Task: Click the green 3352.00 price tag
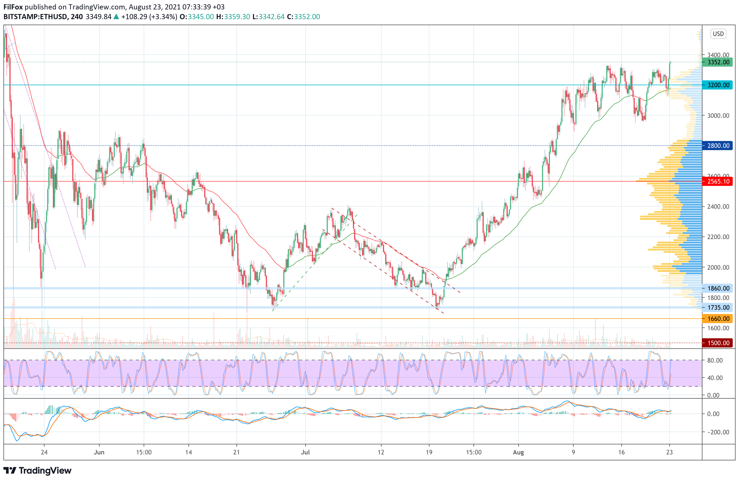click(718, 62)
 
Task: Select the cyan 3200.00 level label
click(718, 85)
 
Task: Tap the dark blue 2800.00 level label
click(718, 146)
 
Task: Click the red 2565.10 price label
click(718, 181)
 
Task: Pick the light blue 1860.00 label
click(718, 288)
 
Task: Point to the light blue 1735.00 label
click(718, 307)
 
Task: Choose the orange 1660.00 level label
click(718, 318)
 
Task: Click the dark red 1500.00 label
click(718, 343)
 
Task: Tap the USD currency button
click(718, 33)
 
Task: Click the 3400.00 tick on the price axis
click(718, 55)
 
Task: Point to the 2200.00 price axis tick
click(718, 237)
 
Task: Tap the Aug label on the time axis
click(518, 452)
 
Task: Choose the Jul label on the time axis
click(305, 452)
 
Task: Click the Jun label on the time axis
click(99, 452)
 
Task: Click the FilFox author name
click(13, 7)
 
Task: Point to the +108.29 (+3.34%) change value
click(149, 17)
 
